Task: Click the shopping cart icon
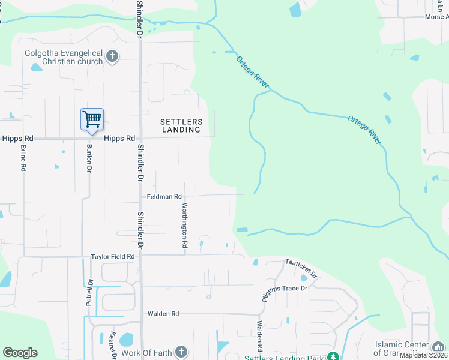92,119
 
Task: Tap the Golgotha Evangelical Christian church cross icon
111,57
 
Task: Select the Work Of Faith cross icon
181,353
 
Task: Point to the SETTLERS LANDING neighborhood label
181,125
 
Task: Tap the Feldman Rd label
164,197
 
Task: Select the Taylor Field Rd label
112,257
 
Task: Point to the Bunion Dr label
88,158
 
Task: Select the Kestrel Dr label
112,343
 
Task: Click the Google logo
20,353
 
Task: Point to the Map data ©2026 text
424,355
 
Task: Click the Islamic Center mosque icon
438,346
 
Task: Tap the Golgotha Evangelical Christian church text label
63,57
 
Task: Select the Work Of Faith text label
146,353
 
